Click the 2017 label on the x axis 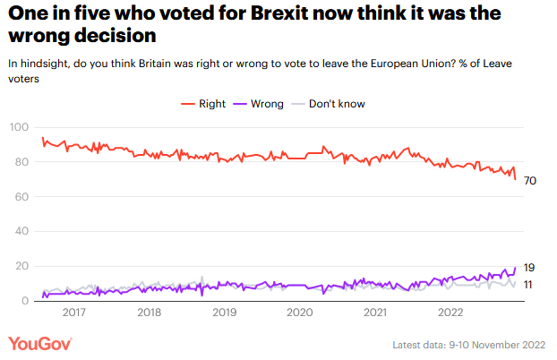pyautogui.click(x=74, y=313)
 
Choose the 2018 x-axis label pyautogui.click(x=150, y=313)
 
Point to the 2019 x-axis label pyautogui.click(x=225, y=313)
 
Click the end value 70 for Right pyautogui.click(x=530, y=181)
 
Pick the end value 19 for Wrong pyautogui.click(x=529, y=267)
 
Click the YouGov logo pyautogui.click(x=40, y=344)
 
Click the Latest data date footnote pyautogui.click(x=469, y=346)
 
